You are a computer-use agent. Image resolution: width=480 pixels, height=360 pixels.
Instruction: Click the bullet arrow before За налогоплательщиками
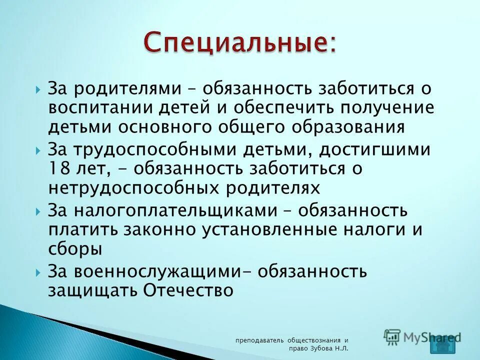pyautogui.click(x=39, y=211)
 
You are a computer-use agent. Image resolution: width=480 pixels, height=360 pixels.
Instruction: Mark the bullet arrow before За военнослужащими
pyautogui.click(x=39, y=272)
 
